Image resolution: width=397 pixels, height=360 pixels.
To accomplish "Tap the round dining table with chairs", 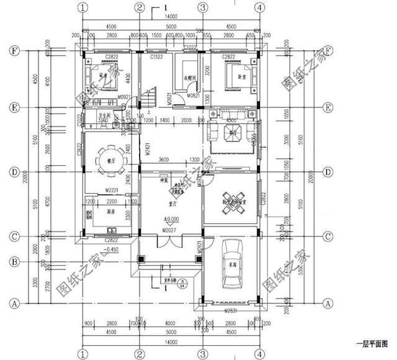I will [x=110, y=158].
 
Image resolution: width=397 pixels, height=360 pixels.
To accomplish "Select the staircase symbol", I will [x=149, y=97].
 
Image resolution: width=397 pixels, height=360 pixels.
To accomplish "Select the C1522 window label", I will [x=156, y=56].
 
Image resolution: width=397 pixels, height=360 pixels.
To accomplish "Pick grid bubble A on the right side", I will [x=328, y=304].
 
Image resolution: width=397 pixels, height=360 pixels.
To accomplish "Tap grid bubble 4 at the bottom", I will [x=260, y=352].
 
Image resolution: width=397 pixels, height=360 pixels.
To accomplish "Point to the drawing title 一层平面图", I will [x=371, y=343].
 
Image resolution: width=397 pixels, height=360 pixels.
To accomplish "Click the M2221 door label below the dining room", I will [x=112, y=189].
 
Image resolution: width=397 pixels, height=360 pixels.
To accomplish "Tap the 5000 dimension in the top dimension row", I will [x=170, y=27].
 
